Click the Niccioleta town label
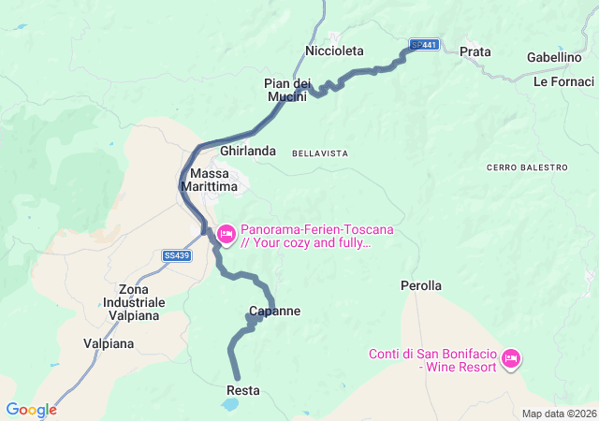334,51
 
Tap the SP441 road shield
425,45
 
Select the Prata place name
475,51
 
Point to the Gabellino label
554,57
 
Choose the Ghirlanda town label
248,151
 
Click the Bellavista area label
320,152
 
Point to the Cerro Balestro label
527,167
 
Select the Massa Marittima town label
213,180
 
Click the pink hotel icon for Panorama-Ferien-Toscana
226,233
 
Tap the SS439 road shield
176,254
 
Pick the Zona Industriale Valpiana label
136,302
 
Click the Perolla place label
421,285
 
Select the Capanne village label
275,312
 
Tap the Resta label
243,390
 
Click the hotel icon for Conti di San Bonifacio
511,358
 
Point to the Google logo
31,410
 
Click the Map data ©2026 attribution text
558,414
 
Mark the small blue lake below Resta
229,405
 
